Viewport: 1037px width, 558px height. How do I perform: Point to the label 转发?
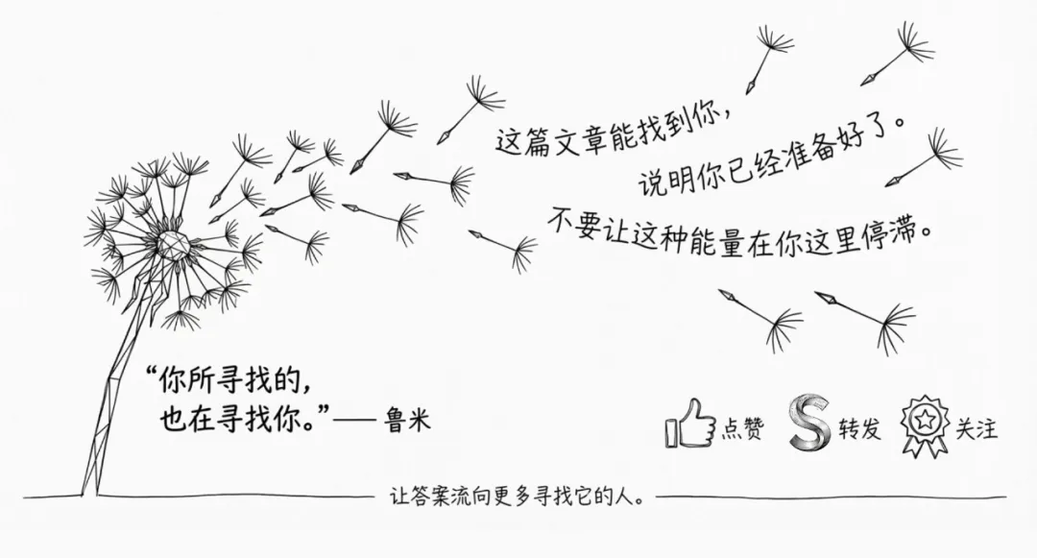pyautogui.click(x=858, y=429)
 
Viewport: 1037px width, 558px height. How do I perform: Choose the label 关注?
pyautogui.click(x=976, y=428)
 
